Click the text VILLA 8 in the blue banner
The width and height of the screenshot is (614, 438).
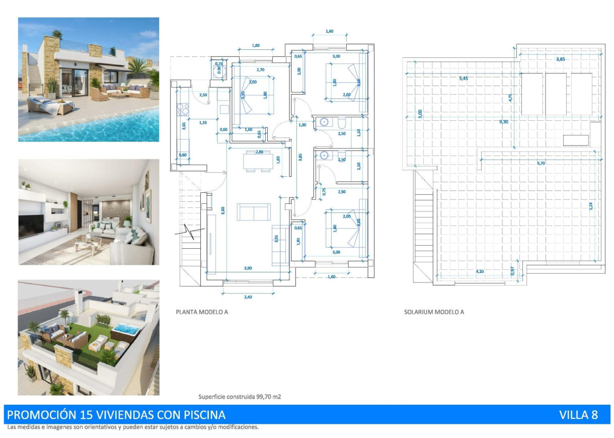578,415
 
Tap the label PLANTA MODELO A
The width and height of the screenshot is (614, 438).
202,312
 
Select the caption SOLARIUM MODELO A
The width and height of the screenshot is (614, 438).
434,312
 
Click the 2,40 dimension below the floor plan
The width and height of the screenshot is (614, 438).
248,297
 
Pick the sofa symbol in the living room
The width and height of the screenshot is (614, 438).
254,211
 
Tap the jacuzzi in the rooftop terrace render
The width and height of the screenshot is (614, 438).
124,331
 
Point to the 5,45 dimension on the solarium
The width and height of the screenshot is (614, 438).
466,79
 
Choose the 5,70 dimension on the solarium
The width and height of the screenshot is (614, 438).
542,163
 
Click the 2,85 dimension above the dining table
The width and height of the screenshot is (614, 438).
260,152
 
